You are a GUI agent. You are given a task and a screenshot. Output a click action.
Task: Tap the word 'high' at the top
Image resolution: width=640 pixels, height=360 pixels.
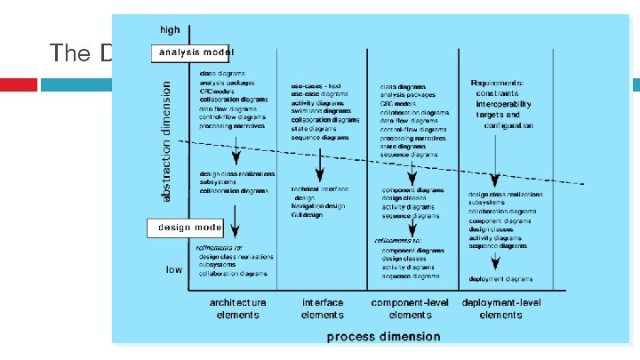click(x=170, y=30)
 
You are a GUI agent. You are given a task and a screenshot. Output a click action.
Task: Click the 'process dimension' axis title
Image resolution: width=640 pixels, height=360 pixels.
click(x=383, y=336)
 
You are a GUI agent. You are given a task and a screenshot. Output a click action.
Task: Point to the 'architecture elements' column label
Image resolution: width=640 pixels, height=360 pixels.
click(x=237, y=308)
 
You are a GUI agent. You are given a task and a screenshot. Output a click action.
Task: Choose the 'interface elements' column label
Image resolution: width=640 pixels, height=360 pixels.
click(x=323, y=308)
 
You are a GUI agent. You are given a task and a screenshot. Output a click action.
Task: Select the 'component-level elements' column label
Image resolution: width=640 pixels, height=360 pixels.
click(x=410, y=308)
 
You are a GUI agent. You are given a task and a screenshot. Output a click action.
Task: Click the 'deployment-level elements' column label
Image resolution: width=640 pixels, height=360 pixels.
click(x=500, y=308)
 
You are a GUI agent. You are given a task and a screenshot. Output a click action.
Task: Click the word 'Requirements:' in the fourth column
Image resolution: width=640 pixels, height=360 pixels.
click(x=498, y=83)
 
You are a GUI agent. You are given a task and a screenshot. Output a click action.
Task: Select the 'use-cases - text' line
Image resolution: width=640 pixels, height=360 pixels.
click(x=315, y=85)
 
